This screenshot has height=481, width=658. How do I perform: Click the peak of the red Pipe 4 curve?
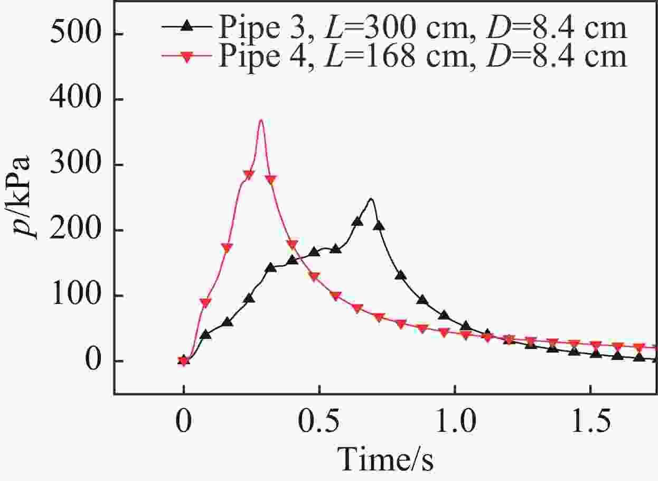260,121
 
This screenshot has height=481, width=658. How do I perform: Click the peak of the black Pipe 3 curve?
371,199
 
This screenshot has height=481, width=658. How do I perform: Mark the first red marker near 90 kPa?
205,303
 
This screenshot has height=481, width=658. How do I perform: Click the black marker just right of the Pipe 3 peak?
379,226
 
